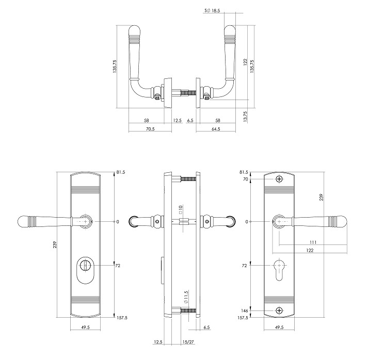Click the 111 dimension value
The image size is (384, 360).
pyautogui.click(x=313, y=242)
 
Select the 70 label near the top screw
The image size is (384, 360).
pyautogui.click(x=245, y=179)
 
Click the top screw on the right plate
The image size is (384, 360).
pyautogui.click(x=279, y=179)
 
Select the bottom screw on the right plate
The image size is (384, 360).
pyautogui.click(x=279, y=310)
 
